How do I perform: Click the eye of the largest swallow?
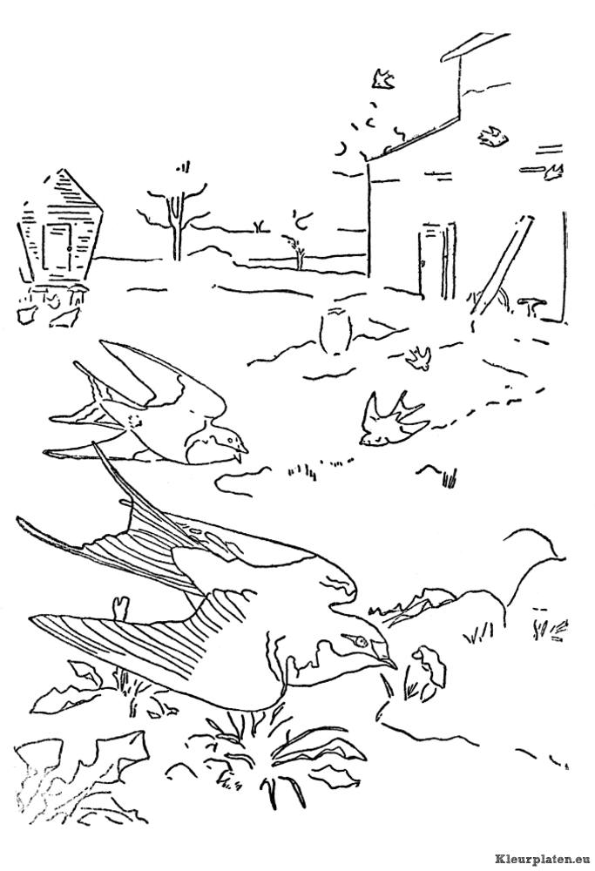click(362, 642)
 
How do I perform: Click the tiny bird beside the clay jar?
click(419, 358)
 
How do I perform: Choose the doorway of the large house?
click(438, 259)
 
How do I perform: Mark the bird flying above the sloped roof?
click(382, 79)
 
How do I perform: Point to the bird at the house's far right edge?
click(555, 171)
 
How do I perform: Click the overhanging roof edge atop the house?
click(476, 44)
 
